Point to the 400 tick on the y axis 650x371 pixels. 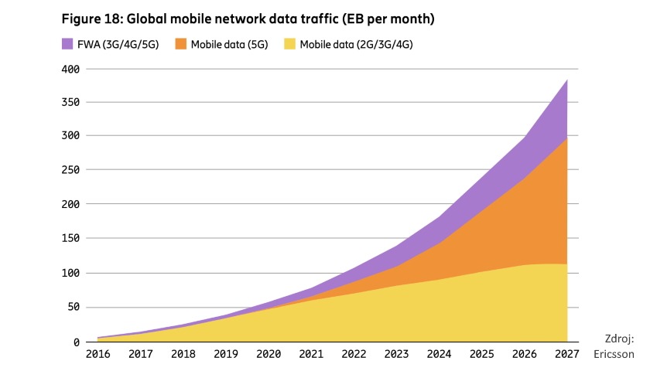click(x=72, y=69)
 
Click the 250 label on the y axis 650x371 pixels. click(x=72, y=171)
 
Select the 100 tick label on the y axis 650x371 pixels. click(x=72, y=274)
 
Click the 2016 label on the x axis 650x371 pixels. click(x=97, y=356)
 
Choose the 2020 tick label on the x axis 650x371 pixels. click(x=268, y=356)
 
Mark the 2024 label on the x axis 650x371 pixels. click(x=439, y=356)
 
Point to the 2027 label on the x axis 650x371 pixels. click(x=567, y=356)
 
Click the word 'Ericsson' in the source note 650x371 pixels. click(x=614, y=355)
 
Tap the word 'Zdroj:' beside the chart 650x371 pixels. click(x=619, y=339)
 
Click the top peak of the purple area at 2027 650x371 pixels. click(x=567, y=80)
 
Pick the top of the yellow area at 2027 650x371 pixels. click(x=567, y=264)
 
